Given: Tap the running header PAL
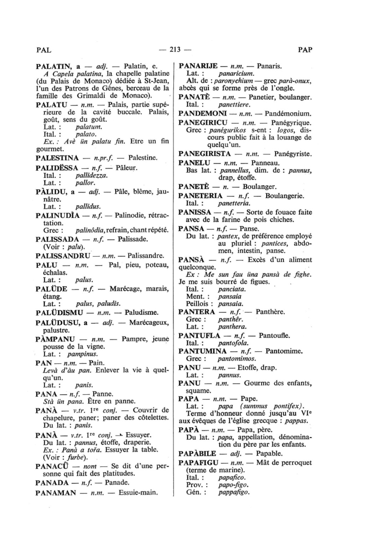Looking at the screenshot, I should pyautogui.click(x=44, y=50).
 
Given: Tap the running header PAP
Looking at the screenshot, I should pyautogui.click(x=305, y=50).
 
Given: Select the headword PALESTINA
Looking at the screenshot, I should pyautogui.click(x=57, y=157).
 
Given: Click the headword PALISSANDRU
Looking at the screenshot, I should pyautogui.click(x=63, y=256).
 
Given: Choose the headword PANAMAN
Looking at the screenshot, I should pyautogui.click(x=56, y=493).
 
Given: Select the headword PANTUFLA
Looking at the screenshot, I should pyautogui.click(x=199, y=336).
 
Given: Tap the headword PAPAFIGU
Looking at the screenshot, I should pyautogui.click(x=198, y=463).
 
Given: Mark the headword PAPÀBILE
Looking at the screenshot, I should pyautogui.click(x=197, y=453).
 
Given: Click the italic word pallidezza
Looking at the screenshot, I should pyautogui.click(x=92, y=175).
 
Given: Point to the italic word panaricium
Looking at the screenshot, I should pyautogui.click(x=236, y=73).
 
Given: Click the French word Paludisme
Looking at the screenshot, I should pyautogui.click(x=141, y=312).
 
